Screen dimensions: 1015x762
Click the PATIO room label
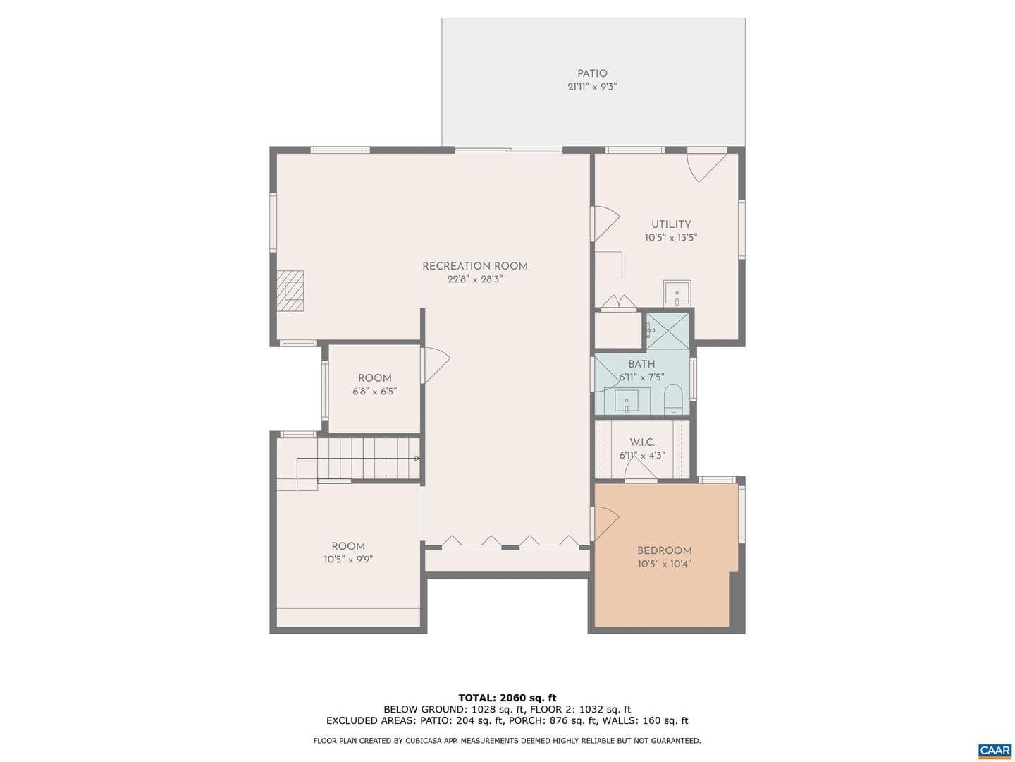592,73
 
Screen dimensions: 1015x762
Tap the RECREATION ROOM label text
475,266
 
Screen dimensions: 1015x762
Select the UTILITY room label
671,224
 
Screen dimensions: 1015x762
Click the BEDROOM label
665,550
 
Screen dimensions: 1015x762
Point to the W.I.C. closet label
642,442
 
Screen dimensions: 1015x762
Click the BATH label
641,364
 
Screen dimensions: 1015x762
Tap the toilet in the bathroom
673,399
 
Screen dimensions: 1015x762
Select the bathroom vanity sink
627,401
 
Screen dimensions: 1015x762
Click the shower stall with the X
668,330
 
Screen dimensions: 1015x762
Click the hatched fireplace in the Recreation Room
290,291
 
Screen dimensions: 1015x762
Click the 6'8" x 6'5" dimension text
374,392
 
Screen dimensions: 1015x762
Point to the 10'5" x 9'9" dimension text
348,560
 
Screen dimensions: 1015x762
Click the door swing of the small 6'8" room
436,365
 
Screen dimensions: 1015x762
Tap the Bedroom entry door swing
605,524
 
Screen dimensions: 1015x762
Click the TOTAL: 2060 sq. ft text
508,698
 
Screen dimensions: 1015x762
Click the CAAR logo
995,750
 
